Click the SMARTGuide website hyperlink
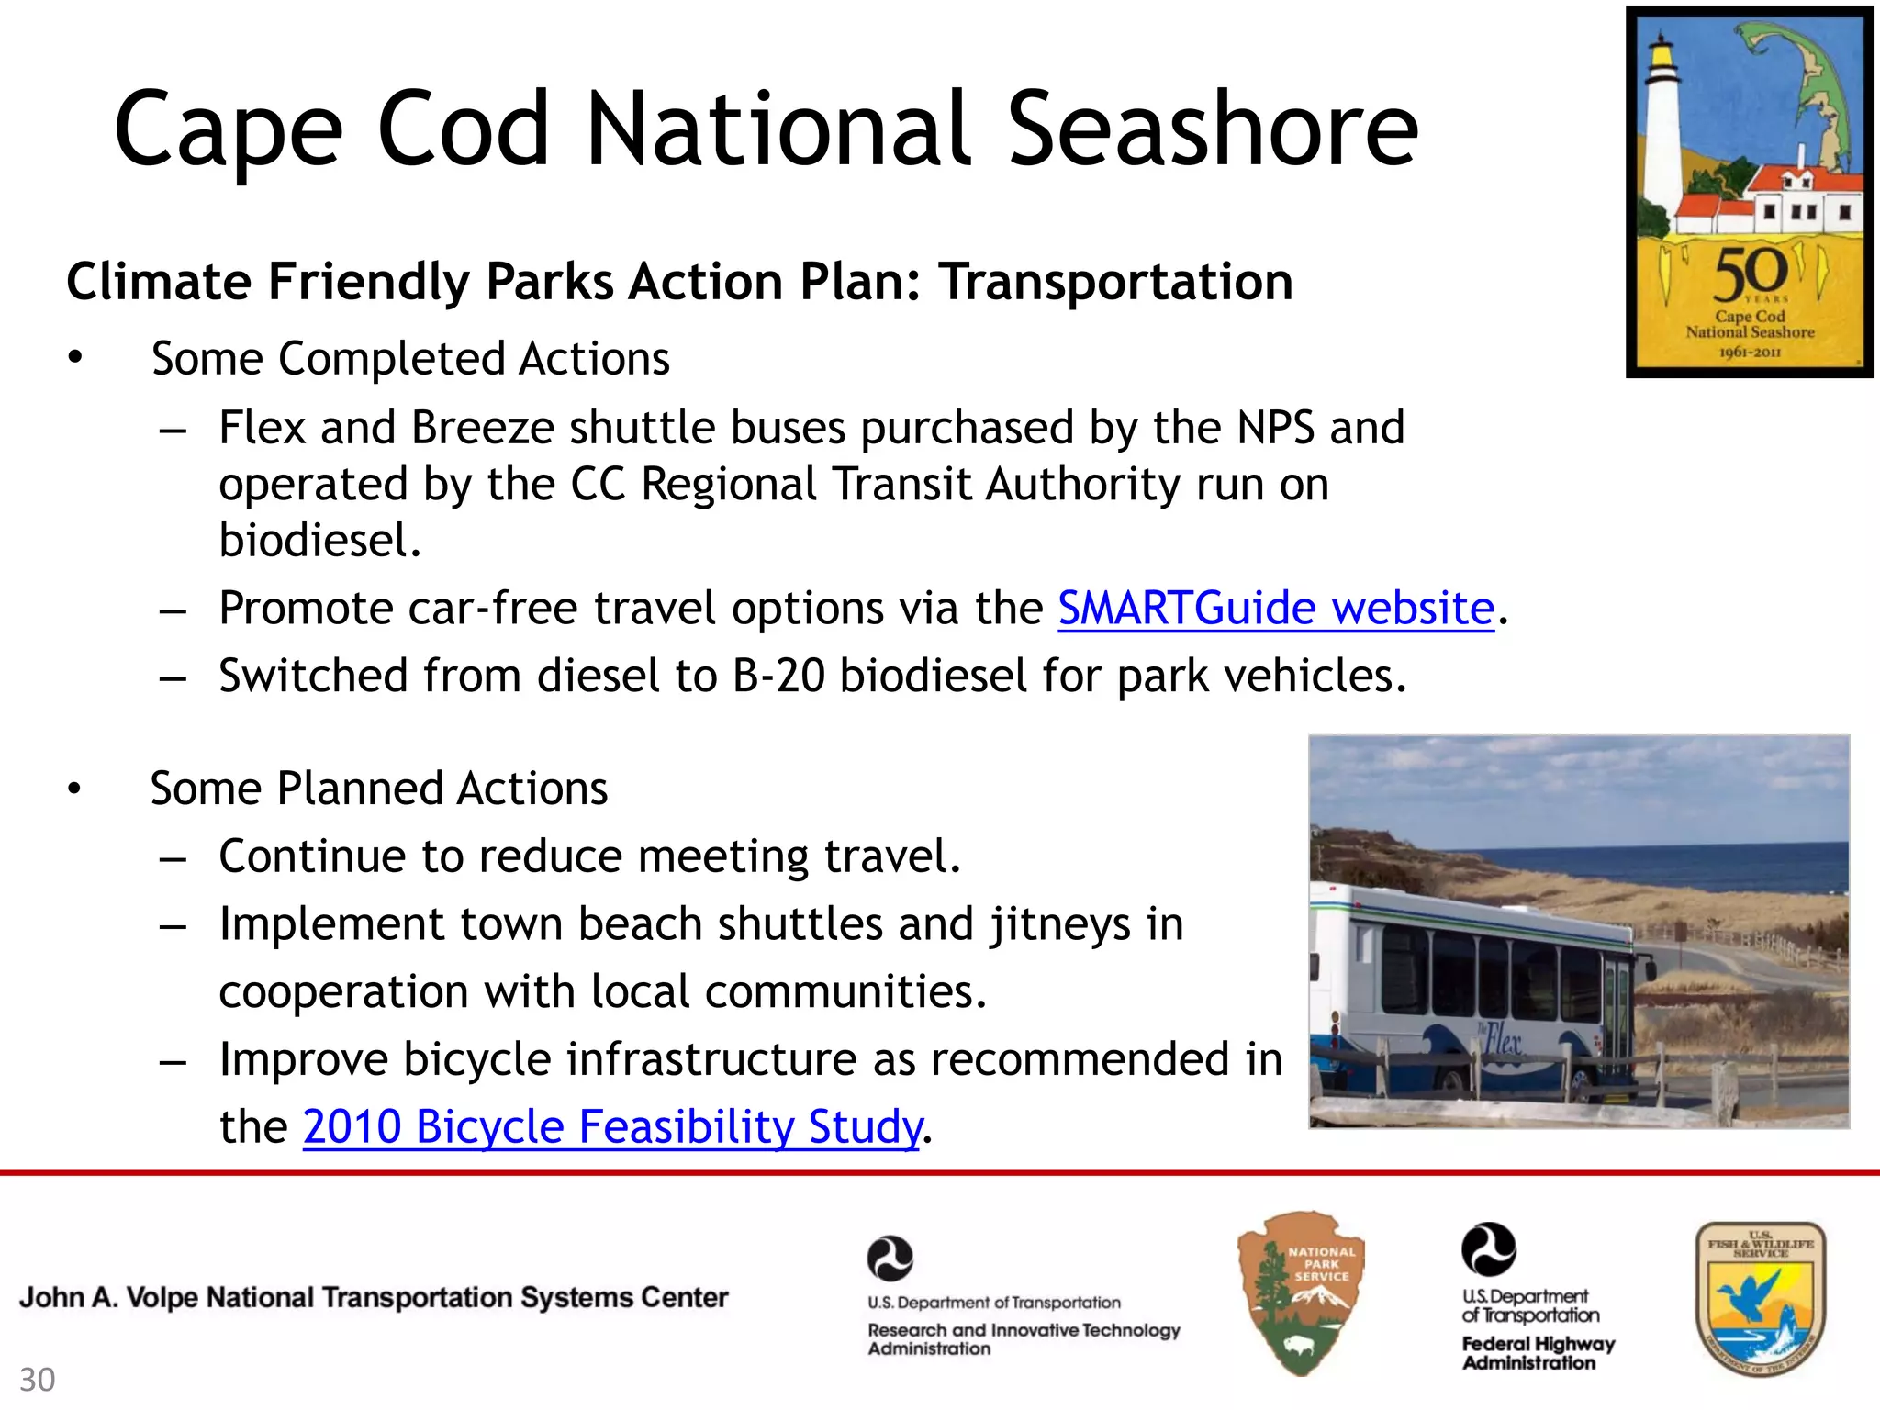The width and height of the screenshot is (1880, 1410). (1276, 609)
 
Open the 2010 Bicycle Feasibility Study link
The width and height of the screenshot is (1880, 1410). (611, 1126)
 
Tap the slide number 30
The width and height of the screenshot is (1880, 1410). (38, 1380)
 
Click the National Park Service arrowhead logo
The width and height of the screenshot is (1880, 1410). (1301, 1293)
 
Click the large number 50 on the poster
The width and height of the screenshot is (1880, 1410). (1750, 274)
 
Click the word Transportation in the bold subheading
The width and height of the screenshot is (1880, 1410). (1114, 281)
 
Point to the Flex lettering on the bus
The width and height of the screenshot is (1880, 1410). (1503, 1039)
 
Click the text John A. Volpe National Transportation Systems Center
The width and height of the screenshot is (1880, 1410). (374, 1297)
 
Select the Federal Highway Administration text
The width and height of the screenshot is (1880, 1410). (1537, 1353)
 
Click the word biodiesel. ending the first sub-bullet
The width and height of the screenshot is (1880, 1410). (319, 540)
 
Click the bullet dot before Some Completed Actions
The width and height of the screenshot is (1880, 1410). (75, 357)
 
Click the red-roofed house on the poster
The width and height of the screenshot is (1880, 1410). (1799, 197)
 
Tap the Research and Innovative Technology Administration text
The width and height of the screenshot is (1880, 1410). (1023, 1338)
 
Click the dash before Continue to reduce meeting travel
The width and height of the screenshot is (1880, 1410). (173, 857)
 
